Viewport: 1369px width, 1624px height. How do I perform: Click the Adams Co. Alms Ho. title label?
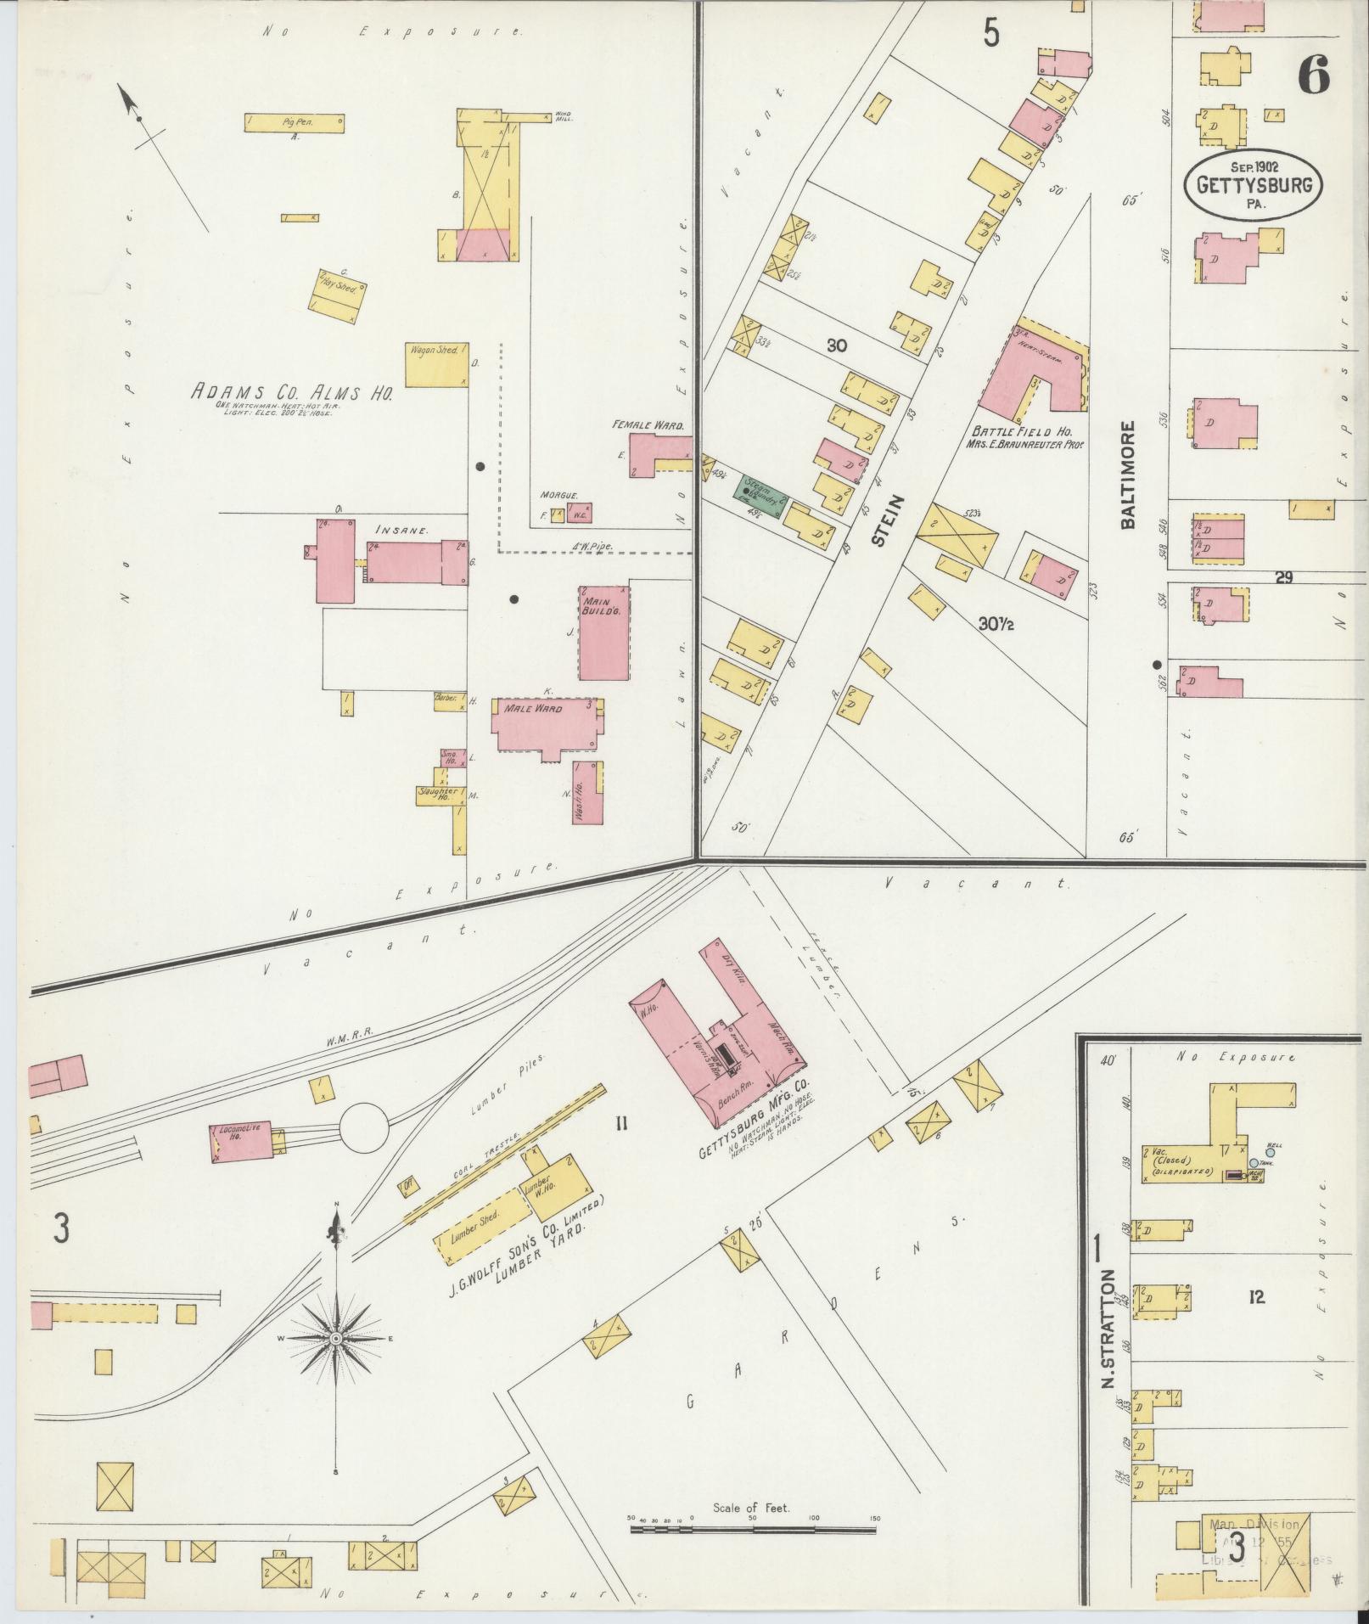[291, 393]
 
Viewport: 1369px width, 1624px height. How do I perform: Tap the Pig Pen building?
[294, 123]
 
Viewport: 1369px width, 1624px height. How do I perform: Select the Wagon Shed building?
[436, 363]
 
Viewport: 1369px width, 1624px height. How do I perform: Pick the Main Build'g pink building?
[604, 632]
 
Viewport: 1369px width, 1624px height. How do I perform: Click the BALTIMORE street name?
[1127, 475]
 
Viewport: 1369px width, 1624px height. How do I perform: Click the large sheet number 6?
[1312, 78]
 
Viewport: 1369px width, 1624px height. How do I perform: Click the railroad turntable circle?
[365, 1127]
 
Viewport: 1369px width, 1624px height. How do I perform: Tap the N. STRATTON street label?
[1108, 1340]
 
